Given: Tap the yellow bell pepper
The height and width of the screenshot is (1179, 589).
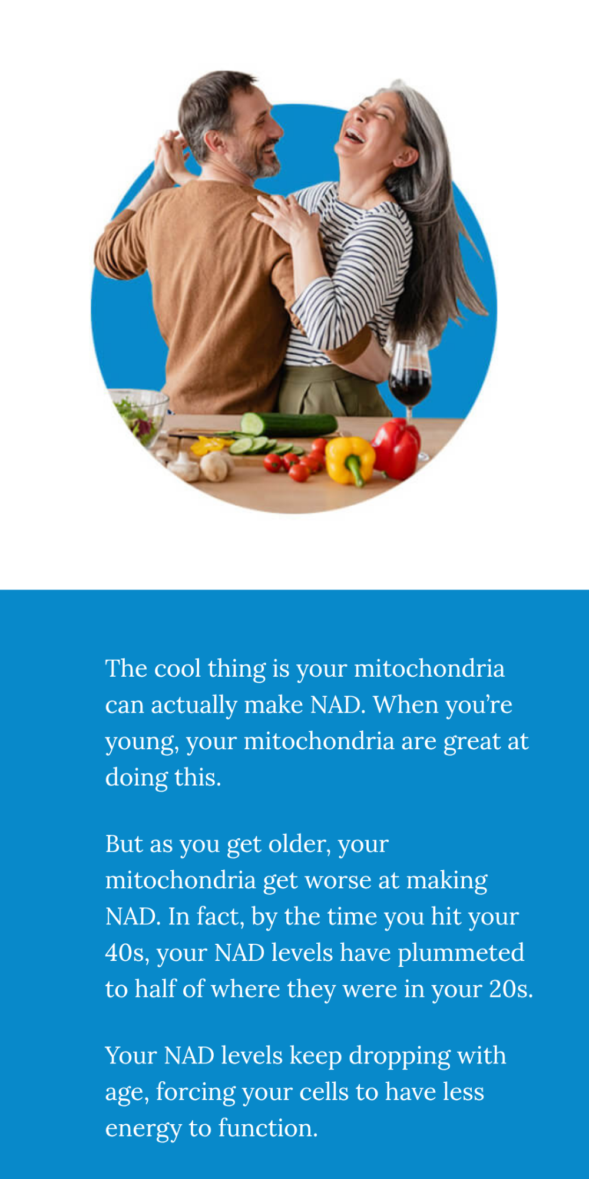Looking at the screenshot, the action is click(x=350, y=460).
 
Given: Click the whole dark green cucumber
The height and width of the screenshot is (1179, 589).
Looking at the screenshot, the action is click(x=289, y=424).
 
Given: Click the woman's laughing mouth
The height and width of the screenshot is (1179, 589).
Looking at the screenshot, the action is click(x=354, y=136).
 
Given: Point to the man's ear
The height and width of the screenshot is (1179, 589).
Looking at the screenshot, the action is click(x=214, y=142).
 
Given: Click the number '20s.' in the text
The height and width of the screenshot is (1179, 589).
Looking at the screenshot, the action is click(x=511, y=989).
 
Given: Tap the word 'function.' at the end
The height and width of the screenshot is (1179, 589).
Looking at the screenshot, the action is click(x=268, y=1128).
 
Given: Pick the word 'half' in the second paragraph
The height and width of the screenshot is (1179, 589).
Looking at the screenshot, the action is click(x=155, y=989).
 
